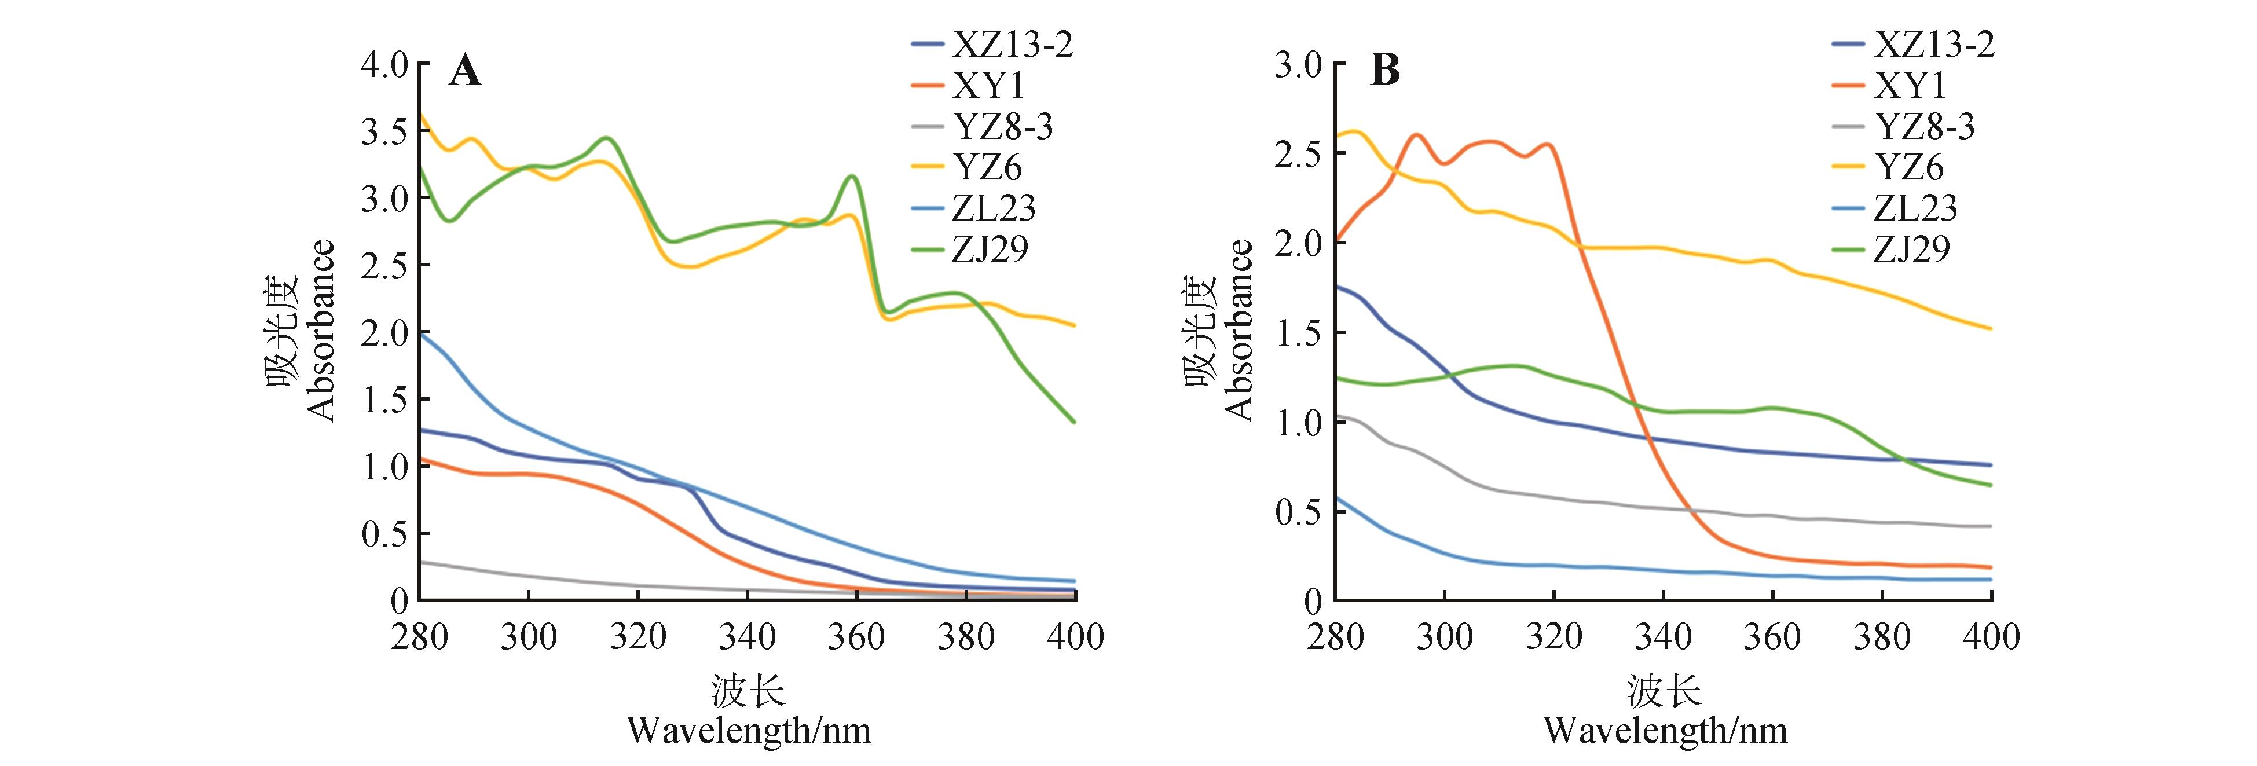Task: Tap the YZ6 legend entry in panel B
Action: [x=1910, y=167]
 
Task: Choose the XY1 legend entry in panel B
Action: [x=1910, y=86]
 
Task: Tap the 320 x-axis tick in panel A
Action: [x=638, y=636]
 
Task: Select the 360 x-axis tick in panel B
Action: [x=1772, y=636]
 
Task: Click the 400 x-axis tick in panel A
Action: [x=1076, y=636]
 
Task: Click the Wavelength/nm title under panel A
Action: [x=749, y=730]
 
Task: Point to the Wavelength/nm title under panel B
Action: [x=1665, y=730]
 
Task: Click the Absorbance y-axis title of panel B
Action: [x=1239, y=331]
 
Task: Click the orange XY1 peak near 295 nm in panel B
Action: [x=1417, y=135]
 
